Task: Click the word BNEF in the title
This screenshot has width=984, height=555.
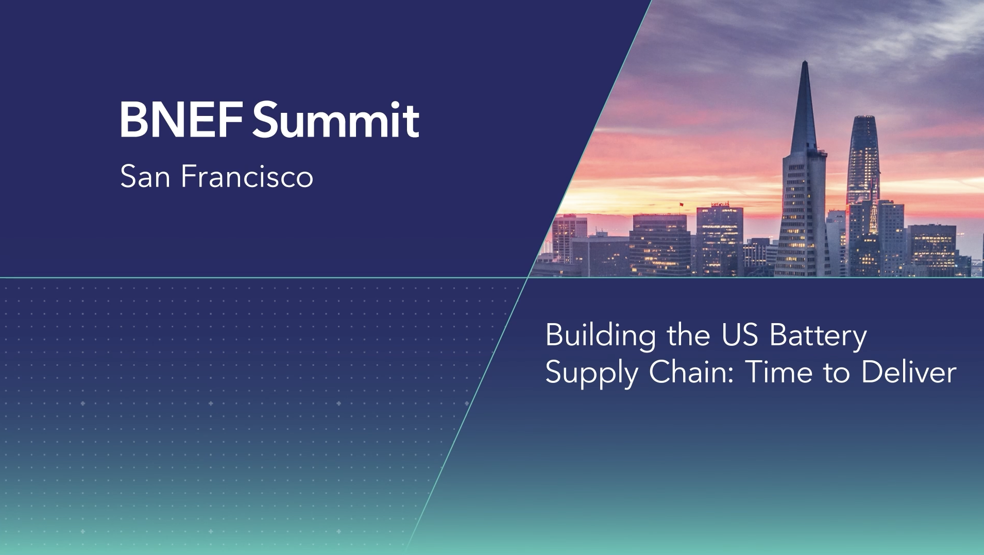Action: pyautogui.click(x=181, y=120)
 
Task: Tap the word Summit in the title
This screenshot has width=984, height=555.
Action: pyautogui.click(x=336, y=120)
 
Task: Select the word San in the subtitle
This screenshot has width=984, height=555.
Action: pyautogui.click(x=145, y=176)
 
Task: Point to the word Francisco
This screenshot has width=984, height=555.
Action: pyautogui.click(x=247, y=176)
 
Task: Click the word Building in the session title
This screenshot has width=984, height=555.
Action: pyautogui.click(x=601, y=336)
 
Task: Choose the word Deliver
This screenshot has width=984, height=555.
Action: pyautogui.click(x=909, y=372)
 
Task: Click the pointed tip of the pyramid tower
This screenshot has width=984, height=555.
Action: pyautogui.click(x=805, y=62)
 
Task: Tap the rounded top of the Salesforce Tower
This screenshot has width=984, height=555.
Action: pyautogui.click(x=864, y=119)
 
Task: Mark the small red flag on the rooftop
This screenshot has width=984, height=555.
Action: pyautogui.click(x=681, y=205)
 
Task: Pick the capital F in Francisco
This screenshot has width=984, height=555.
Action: pyautogui.click(x=190, y=176)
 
